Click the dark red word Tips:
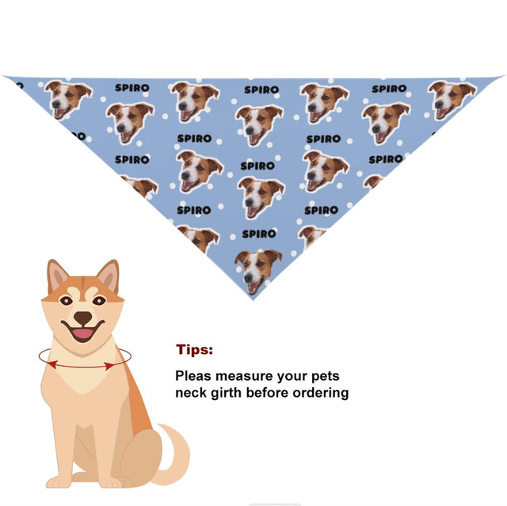point(194,350)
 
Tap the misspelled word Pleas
point(193,376)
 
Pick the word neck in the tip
point(191,393)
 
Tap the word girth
point(229,393)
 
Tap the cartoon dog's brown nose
point(82,318)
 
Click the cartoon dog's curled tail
point(175,451)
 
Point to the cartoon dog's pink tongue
point(82,333)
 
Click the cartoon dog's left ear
point(58,278)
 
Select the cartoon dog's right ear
point(107,276)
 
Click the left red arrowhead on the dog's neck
point(51,364)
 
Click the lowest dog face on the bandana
point(257,269)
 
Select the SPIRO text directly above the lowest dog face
point(258,234)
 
